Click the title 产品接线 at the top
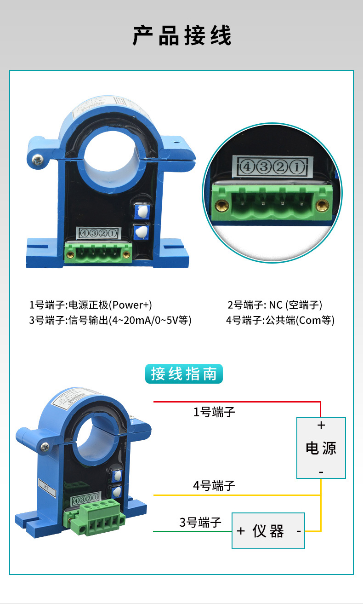tap(182, 36)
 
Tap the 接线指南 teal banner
tap(184, 374)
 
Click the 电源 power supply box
tap(321, 448)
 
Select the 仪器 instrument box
tap(268, 531)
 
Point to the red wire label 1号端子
tap(214, 412)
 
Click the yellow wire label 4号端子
tap(214, 485)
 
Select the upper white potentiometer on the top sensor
tap(142, 212)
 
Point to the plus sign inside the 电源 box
tap(321, 426)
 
